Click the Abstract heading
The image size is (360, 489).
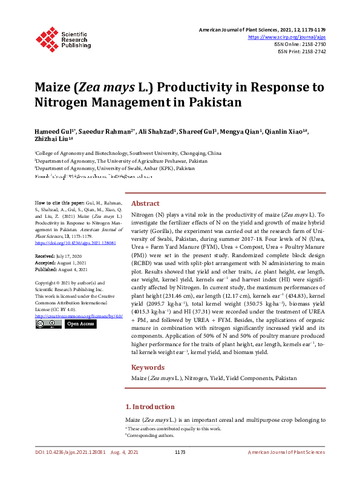[x=145, y=204]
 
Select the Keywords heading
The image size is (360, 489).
[x=148, y=367]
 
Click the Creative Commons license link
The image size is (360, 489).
[x=79, y=316]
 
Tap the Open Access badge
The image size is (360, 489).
[x=80, y=324]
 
